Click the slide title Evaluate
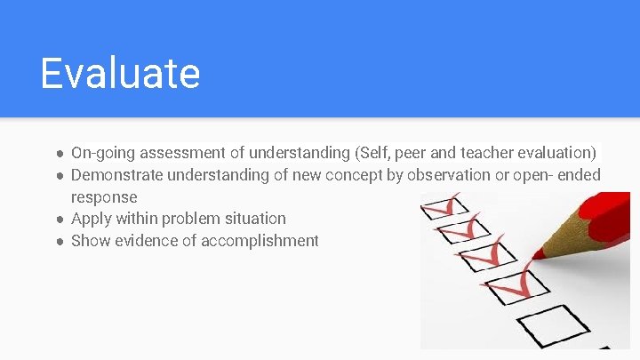(120, 73)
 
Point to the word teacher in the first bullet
(492, 153)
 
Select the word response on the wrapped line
(104, 196)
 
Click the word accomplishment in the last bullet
(260, 240)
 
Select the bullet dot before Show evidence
(59, 241)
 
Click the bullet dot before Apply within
(59, 219)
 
